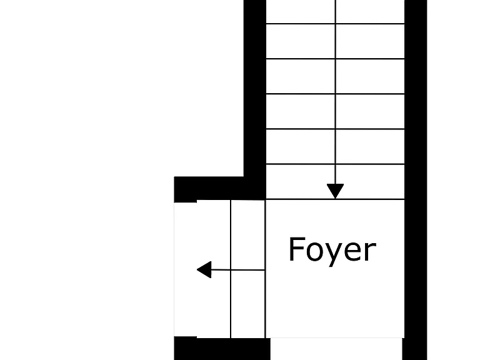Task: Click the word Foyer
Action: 332,251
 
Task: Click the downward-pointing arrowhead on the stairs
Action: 335,191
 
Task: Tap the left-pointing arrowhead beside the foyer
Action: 204,270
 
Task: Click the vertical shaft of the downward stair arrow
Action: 336,92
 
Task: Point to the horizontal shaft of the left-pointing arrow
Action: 238,270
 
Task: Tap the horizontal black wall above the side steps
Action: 220,188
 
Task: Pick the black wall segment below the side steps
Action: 222,349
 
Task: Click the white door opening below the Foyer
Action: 336,349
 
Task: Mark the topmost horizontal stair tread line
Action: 335,24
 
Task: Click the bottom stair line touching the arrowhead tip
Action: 335,199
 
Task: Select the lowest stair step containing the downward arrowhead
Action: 335,182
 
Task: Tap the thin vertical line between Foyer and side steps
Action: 265,269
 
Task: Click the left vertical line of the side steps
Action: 231,269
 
